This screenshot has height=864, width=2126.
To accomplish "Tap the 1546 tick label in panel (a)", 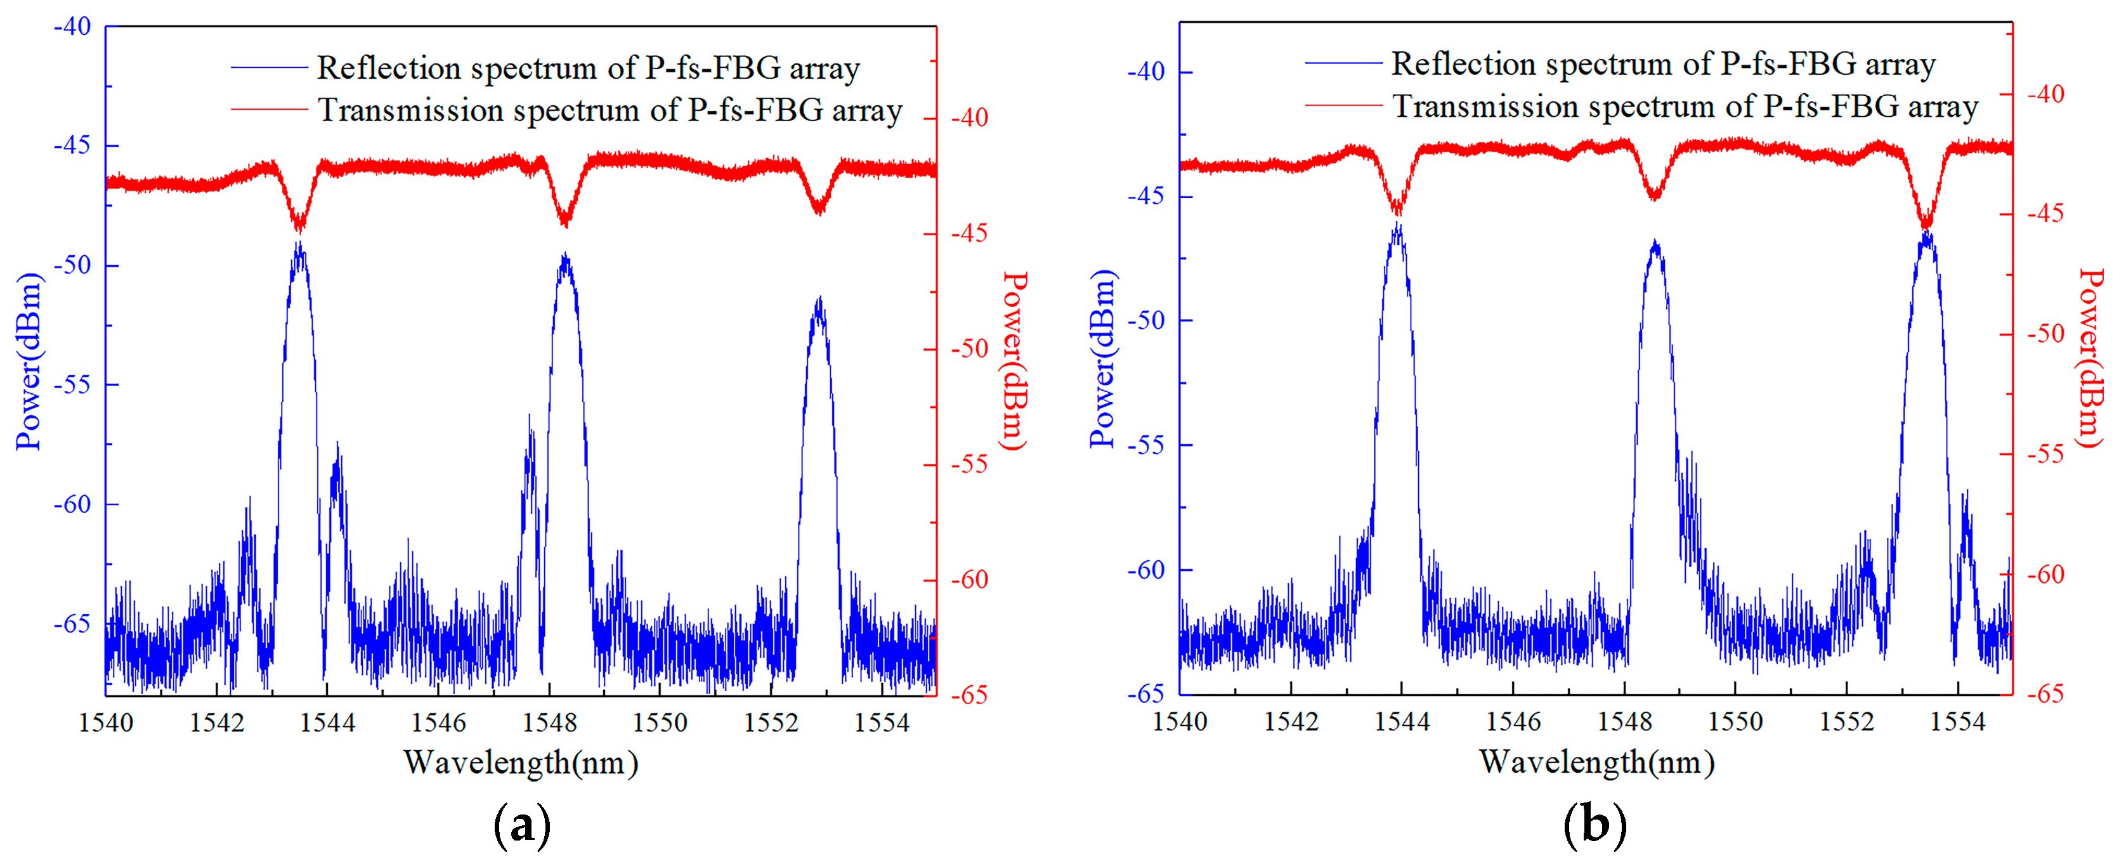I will (438, 723).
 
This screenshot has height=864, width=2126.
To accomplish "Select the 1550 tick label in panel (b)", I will (1735, 721).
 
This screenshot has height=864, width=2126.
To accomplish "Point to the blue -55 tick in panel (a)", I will (73, 384).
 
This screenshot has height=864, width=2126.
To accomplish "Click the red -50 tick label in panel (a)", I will (970, 349).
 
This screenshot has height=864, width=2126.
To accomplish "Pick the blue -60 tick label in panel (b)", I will (1145, 570).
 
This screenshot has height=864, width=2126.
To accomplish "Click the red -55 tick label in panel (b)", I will (2045, 454).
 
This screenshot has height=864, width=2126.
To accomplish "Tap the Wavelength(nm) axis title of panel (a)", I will (521, 763).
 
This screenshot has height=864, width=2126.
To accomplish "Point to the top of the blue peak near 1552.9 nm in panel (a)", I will (819, 299).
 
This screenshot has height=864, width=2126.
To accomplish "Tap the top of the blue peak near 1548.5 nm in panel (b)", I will (1655, 242).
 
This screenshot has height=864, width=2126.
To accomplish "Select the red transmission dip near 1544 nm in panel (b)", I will (1397, 211).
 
